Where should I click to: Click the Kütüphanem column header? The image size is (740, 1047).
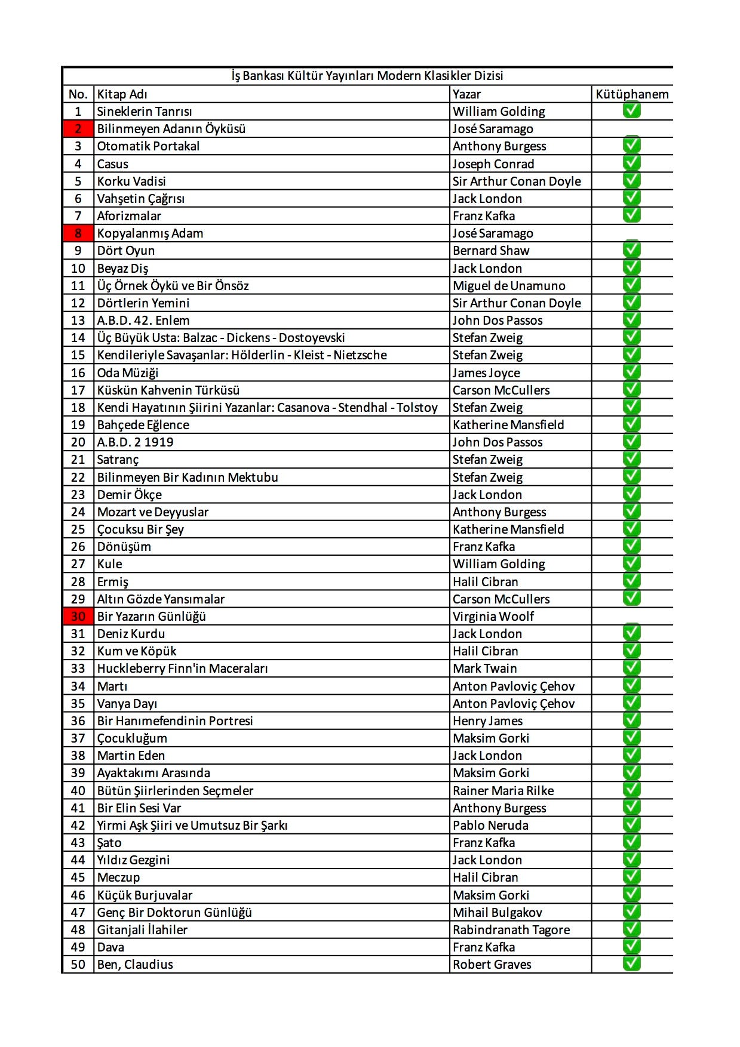click(x=632, y=94)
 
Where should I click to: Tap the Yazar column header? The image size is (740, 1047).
click(x=466, y=94)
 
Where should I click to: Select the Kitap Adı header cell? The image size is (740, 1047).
click(x=122, y=94)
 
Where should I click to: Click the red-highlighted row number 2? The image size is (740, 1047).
click(x=78, y=129)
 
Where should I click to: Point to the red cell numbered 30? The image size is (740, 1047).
click(x=78, y=617)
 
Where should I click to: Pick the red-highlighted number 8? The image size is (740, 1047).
click(x=78, y=233)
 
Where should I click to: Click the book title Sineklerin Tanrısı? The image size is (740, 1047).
click(x=145, y=112)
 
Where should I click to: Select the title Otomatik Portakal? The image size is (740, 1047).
click(x=148, y=146)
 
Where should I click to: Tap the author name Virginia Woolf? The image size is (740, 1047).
click(x=493, y=617)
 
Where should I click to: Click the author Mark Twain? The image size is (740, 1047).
click(x=484, y=669)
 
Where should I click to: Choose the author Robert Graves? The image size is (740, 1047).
click(x=492, y=965)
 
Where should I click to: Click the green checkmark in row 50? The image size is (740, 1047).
click(x=631, y=963)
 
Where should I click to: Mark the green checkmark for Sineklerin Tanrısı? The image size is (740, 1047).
click(x=631, y=110)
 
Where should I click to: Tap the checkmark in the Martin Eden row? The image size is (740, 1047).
click(x=631, y=755)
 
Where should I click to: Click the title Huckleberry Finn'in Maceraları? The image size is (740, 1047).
click(x=182, y=669)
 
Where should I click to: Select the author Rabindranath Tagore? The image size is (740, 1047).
click(x=511, y=930)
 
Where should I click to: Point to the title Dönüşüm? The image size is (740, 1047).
click(x=124, y=547)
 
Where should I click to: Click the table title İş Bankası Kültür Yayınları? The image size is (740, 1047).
click(x=367, y=76)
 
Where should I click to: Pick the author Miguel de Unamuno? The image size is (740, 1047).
click(x=508, y=286)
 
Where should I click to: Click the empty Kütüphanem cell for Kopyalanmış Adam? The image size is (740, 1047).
click(x=632, y=233)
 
